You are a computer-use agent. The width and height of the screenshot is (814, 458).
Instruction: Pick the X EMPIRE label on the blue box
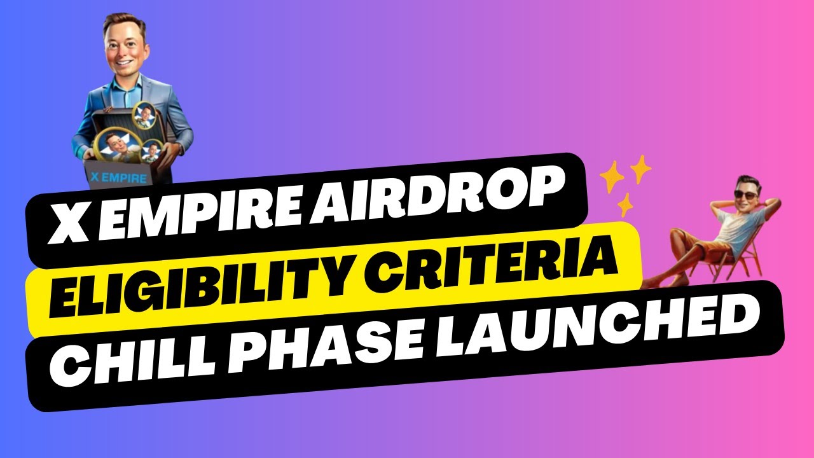pyautogui.click(x=118, y=178)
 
